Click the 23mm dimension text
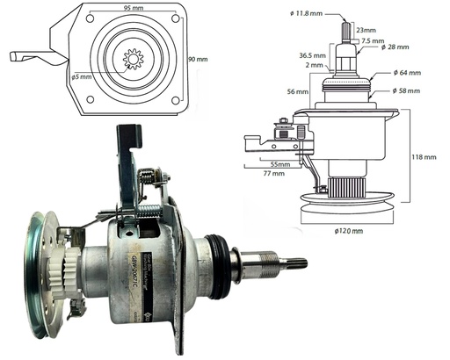(x=369, y=31)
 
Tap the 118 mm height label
(x=425, y=157)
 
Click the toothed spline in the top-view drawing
(x=135, y=64)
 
